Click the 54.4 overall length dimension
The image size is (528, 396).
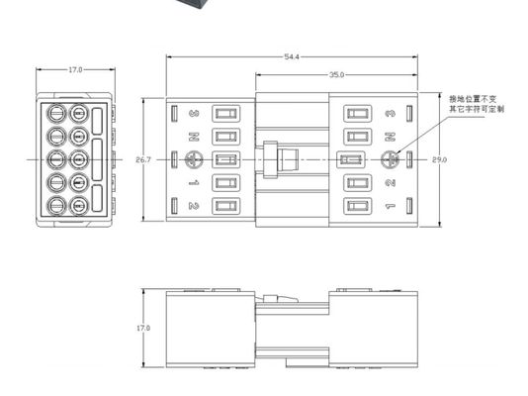[x=292, y=57]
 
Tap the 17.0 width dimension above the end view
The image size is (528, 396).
[x=75, y=70]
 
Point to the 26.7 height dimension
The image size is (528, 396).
[x=142, y=159]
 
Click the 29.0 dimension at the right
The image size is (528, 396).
[x=440, y=159]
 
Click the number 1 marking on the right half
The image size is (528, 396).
[x=391, y=206]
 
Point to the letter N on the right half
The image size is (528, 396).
[x=391, y=137]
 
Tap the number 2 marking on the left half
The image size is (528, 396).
[x=194, y=206]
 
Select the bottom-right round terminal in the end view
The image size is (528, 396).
[x=79, y=206]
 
